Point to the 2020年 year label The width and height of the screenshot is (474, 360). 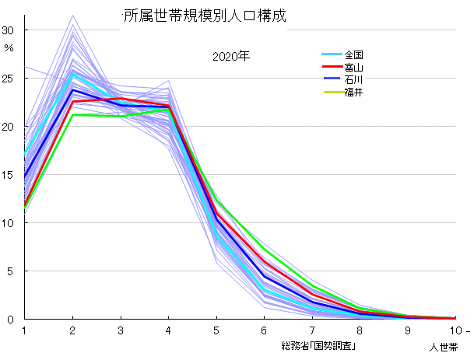[230, 57]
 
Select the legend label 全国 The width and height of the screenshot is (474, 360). [354, 55]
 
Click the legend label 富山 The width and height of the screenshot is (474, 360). [354, 68]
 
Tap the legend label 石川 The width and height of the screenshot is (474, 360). [354, 80]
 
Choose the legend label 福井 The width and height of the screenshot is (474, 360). [354, 93]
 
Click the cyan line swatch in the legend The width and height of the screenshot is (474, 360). [332, 55]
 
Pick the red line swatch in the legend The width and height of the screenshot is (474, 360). [332, 68]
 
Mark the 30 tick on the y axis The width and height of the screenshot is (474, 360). [9, 30]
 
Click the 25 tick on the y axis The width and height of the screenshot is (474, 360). [9, 78]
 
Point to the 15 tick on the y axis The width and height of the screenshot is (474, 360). [9, 174]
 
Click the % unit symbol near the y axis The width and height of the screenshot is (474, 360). [9, 48]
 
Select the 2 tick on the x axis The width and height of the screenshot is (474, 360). [72, 330]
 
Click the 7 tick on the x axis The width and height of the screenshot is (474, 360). [312, 330]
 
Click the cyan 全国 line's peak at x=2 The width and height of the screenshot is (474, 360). [72, 75]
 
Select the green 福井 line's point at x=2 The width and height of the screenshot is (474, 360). [72, 115]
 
